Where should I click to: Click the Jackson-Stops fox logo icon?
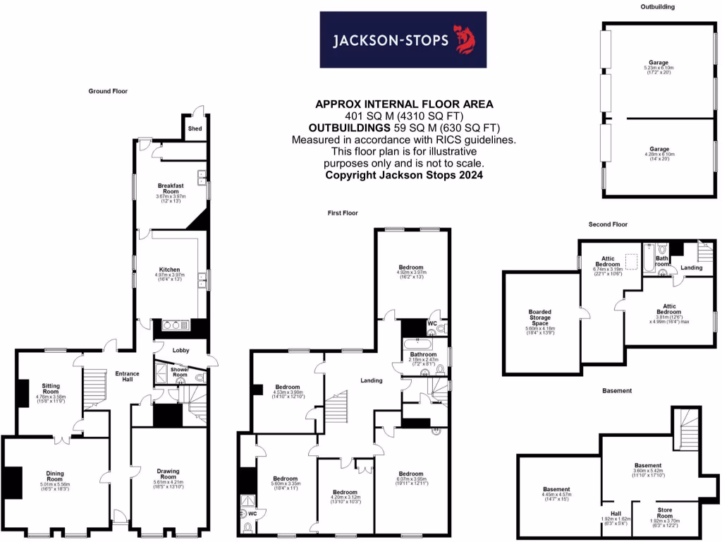click(x=463, y=40)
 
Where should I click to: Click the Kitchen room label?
click(x=169, y=270)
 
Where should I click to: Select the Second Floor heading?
click(x=608, y=224)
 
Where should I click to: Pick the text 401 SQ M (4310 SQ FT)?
click(x=403, y=116)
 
